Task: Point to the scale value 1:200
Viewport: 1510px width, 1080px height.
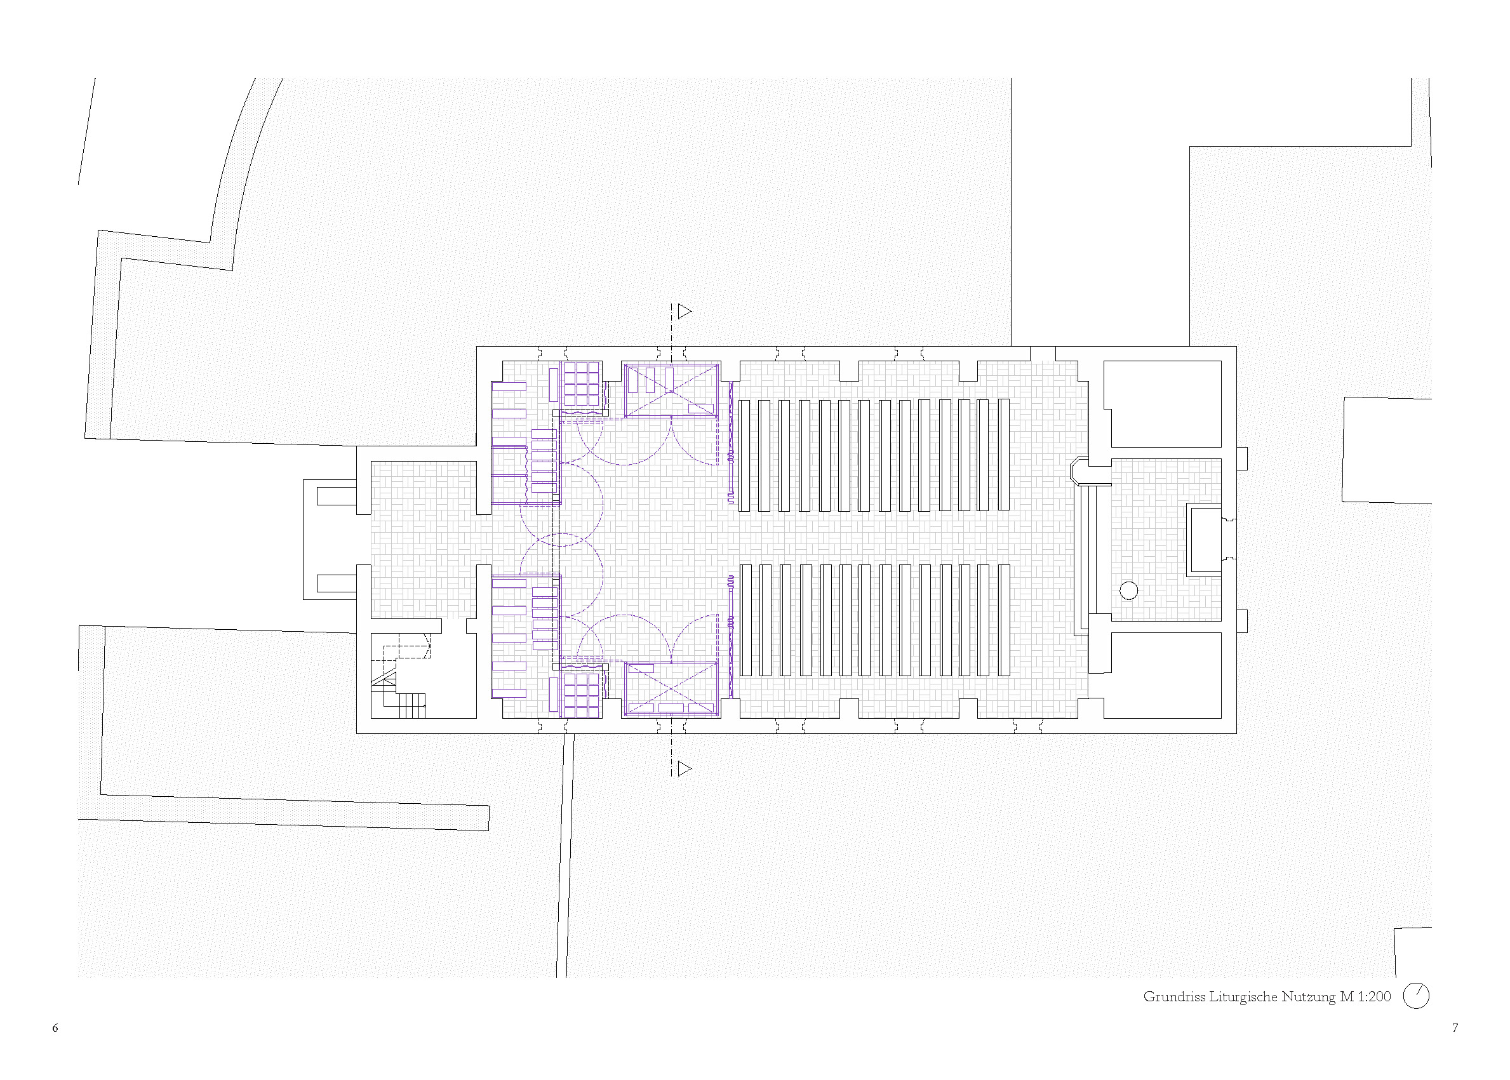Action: [1373, 996]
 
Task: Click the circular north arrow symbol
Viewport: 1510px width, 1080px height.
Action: [1415, 996]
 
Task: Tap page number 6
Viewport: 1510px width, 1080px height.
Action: [55, 1028]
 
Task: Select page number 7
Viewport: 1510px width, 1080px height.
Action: [1455, 1028]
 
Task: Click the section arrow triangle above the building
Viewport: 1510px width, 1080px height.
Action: [684, 310]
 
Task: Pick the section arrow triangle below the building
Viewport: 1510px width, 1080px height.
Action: [684, 769]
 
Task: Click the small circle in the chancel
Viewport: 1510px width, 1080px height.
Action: [1128, 590]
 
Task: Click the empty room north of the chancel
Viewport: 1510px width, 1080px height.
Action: [1163, 404]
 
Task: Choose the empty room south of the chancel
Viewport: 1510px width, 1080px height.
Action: [1163, 675]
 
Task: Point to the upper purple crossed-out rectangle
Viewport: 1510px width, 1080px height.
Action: [671, 390]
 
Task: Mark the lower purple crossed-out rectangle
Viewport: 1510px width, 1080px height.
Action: [671, 689]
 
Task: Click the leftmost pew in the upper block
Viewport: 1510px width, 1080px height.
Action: [745, 455]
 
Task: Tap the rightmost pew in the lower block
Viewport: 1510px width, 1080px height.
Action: [1004, 620]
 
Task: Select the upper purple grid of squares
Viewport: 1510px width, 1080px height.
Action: [582, 383]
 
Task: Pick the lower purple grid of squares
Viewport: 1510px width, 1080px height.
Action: [582, 695]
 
